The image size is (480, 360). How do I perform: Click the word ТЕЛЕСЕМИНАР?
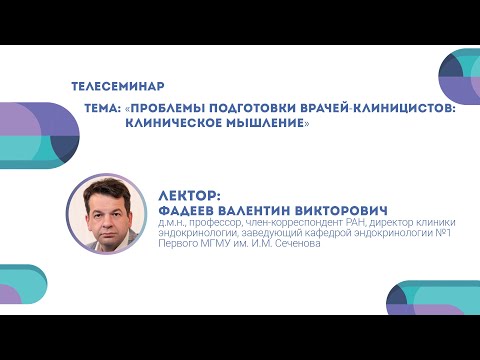point(119,87)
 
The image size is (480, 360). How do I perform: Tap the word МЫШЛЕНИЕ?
point(262,123)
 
